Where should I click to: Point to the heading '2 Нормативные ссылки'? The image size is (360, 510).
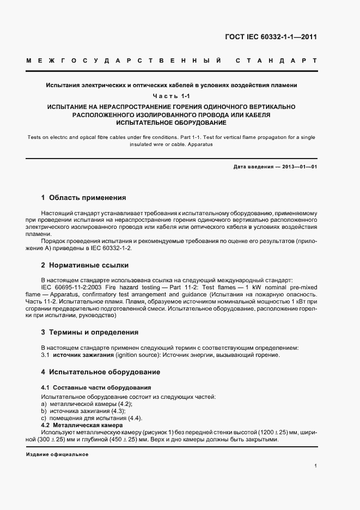pos(85,265)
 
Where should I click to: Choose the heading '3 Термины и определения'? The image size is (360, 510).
pos(89,332)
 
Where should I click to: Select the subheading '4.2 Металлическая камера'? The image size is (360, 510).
pos(81,424)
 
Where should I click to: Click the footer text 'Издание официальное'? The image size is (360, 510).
pos(57,454)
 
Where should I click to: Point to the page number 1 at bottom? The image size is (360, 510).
pos(316,466)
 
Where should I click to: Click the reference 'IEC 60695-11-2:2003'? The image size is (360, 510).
pos(72,287)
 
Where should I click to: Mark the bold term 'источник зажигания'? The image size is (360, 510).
pos(84,355)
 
